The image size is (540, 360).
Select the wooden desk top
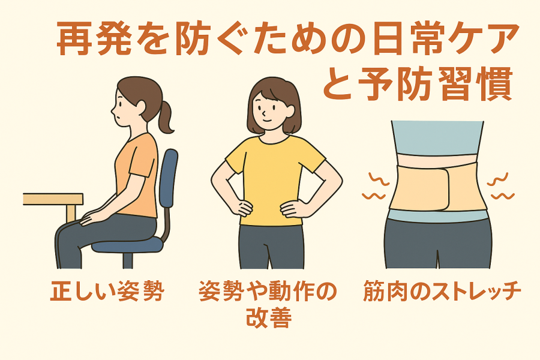click(x=53, y=199)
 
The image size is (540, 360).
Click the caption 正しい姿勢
click(x=107, y=292)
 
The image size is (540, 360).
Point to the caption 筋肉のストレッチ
click(x=442, y=292)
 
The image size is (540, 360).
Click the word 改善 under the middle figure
click(x=269, y=317)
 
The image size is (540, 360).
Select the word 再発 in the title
click(x=94, y=38)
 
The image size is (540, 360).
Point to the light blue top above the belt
click(x=437, y=138)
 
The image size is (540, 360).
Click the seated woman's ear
click(x=141, y=106)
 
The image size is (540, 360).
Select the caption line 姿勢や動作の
click(x=268, y=292)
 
